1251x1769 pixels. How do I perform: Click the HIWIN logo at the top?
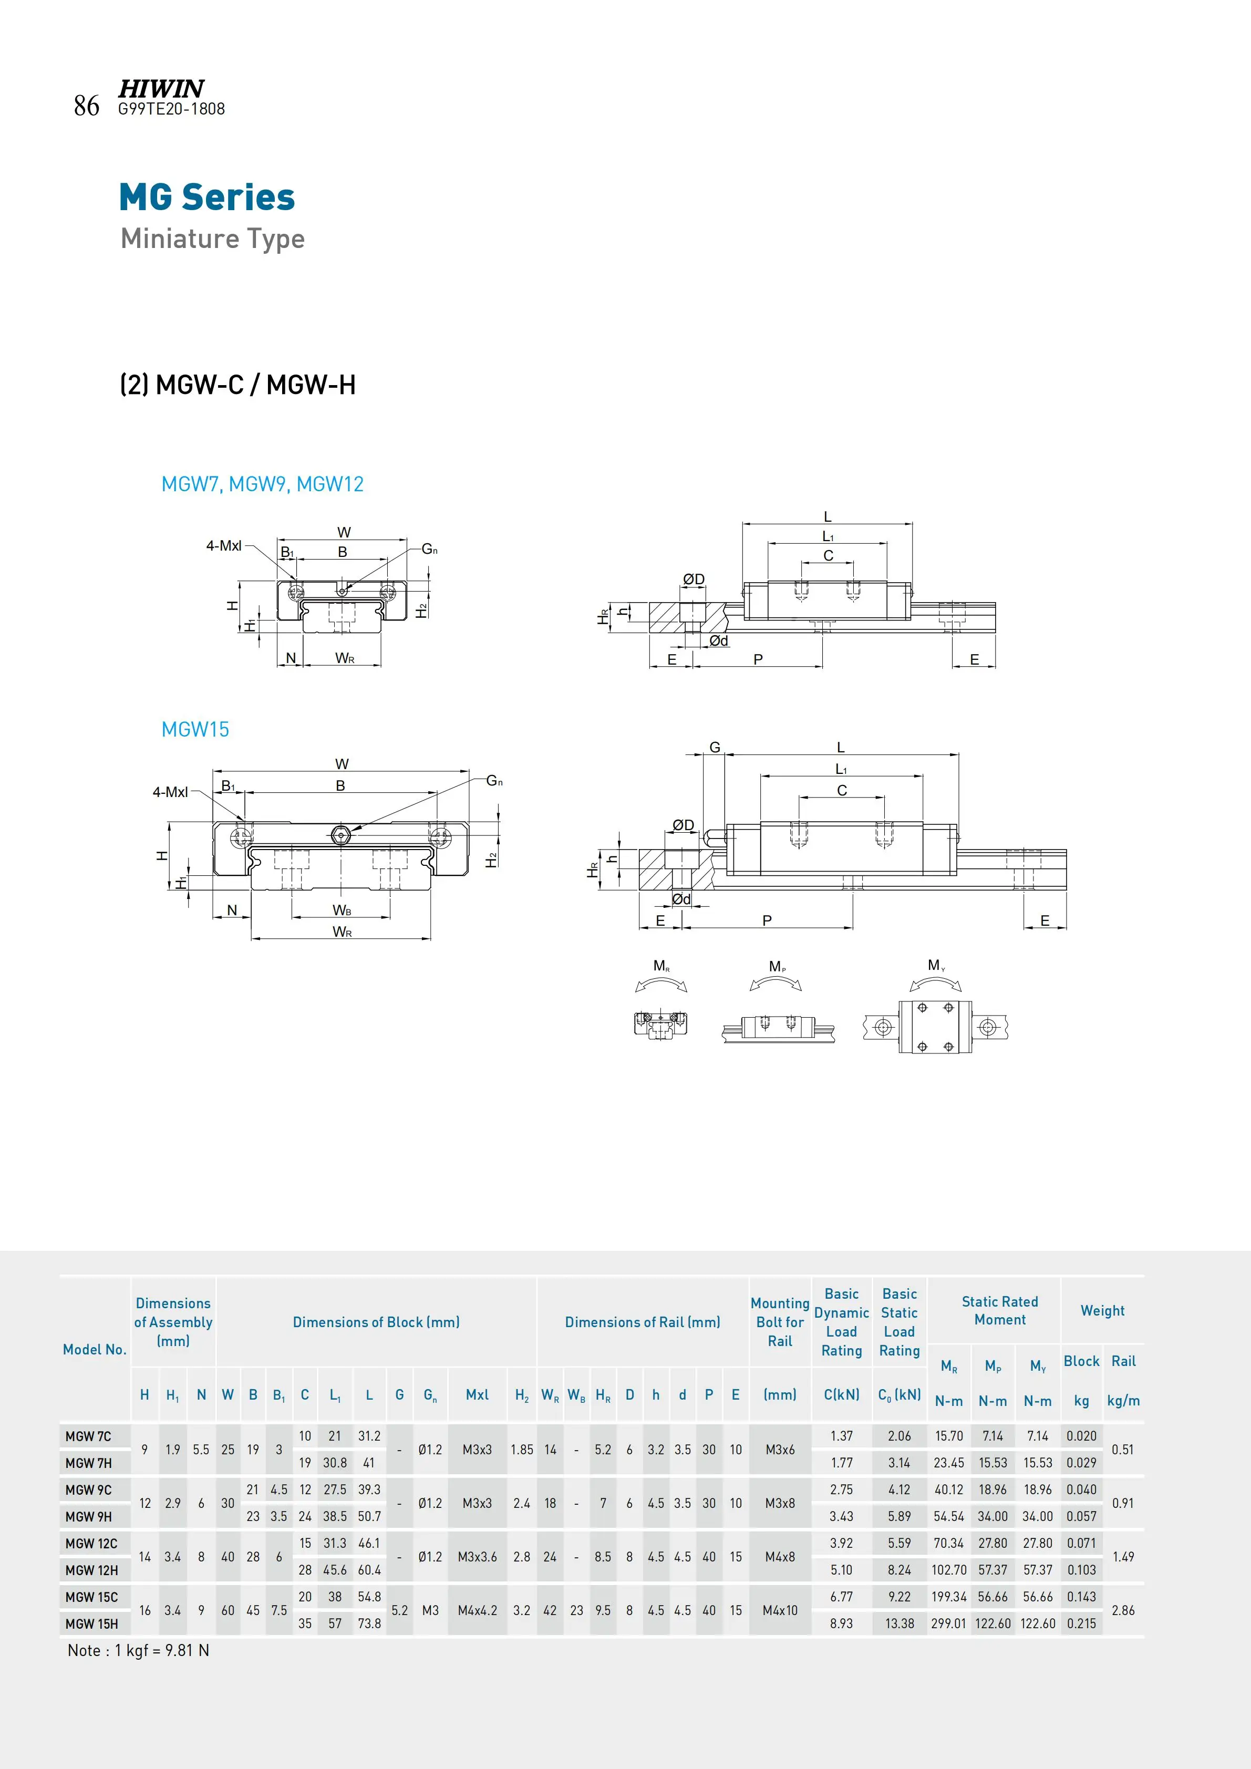(x=161, y=89)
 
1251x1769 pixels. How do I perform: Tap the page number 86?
(x=86, y=106)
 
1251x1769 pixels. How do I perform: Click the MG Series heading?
(x=206, y=197)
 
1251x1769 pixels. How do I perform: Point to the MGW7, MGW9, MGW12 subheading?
(x=262, y=484)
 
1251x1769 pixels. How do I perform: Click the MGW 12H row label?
(x=91, y=1569)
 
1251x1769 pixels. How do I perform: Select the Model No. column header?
(x=95, y=1349)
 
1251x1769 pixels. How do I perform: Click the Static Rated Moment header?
(x=999, y=1310)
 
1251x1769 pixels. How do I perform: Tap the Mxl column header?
(x=477, y=1394)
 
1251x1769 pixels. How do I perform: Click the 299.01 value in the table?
(x=948, y=1623)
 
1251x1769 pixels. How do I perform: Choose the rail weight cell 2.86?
(x=1122, y=1610)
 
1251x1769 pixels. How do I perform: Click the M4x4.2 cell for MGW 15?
(x=477, y=1610)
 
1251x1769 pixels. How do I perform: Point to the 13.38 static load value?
(x=899, y=1623)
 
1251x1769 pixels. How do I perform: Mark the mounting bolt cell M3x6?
(x=780, y=1449)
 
